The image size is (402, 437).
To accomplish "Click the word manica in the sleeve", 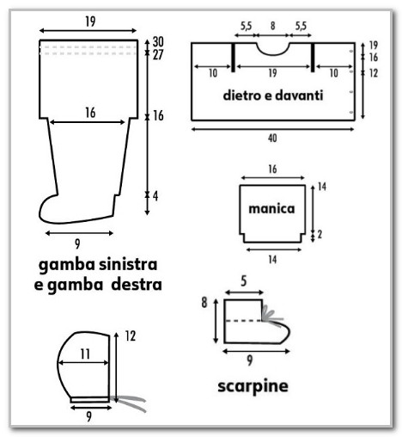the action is [x=271, y=208].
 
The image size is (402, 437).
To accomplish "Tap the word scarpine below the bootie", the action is [x=253, y=386].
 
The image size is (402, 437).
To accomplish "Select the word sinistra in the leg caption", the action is [x=128, y=264].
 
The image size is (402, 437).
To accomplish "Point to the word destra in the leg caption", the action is [x=137, y=285].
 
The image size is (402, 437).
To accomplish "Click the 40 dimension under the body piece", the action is [x=272, y=138].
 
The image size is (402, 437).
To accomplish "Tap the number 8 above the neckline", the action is [x=272, y=26].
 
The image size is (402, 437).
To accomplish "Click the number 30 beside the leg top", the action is [x=158, y=42].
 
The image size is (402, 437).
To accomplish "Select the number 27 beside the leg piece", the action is [x=158, y=55].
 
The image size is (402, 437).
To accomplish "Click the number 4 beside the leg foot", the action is [x=155, y=196].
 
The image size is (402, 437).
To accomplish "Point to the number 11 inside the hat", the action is [x=85, y=354].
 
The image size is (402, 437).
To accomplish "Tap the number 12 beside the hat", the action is [x=131, y=336].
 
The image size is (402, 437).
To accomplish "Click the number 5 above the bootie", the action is [x=243, y=281].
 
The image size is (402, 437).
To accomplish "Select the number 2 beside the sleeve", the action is [x=320, y=235].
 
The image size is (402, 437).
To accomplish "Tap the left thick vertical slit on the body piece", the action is [x=233, y=58].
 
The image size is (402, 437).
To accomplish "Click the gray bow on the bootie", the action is [x=272, y=317].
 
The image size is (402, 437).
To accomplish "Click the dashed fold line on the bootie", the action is [x=243, y=321].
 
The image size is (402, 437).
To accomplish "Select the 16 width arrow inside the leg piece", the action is [x=88, y=122].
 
